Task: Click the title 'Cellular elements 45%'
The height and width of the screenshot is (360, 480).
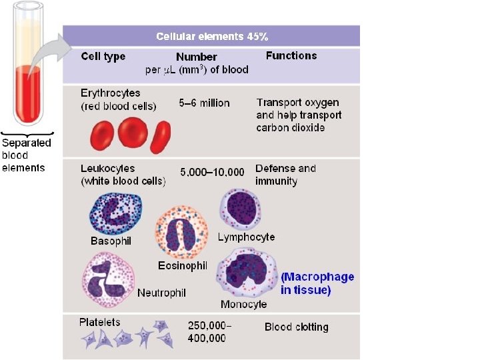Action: [212, 36]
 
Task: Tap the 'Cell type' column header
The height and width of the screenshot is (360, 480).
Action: [103, 57]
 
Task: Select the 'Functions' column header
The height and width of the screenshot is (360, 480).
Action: [291, 56]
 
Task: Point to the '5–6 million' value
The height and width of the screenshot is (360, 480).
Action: [204, 103]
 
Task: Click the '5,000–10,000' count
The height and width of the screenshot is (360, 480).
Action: [213, 173]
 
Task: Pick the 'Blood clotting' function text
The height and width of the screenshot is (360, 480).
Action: [297, 327]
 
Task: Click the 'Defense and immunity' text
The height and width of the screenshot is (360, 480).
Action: [285, 175]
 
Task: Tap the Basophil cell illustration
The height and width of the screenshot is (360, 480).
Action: [114, 213]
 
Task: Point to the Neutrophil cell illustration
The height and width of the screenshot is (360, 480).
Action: [107, 279]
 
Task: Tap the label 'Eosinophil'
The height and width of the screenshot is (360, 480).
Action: [183, 265]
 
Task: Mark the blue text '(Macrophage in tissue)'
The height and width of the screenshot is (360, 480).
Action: [317, 283]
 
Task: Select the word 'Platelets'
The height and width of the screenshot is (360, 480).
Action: [100, 323]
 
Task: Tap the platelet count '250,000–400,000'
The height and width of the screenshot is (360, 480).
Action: [209, 332]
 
